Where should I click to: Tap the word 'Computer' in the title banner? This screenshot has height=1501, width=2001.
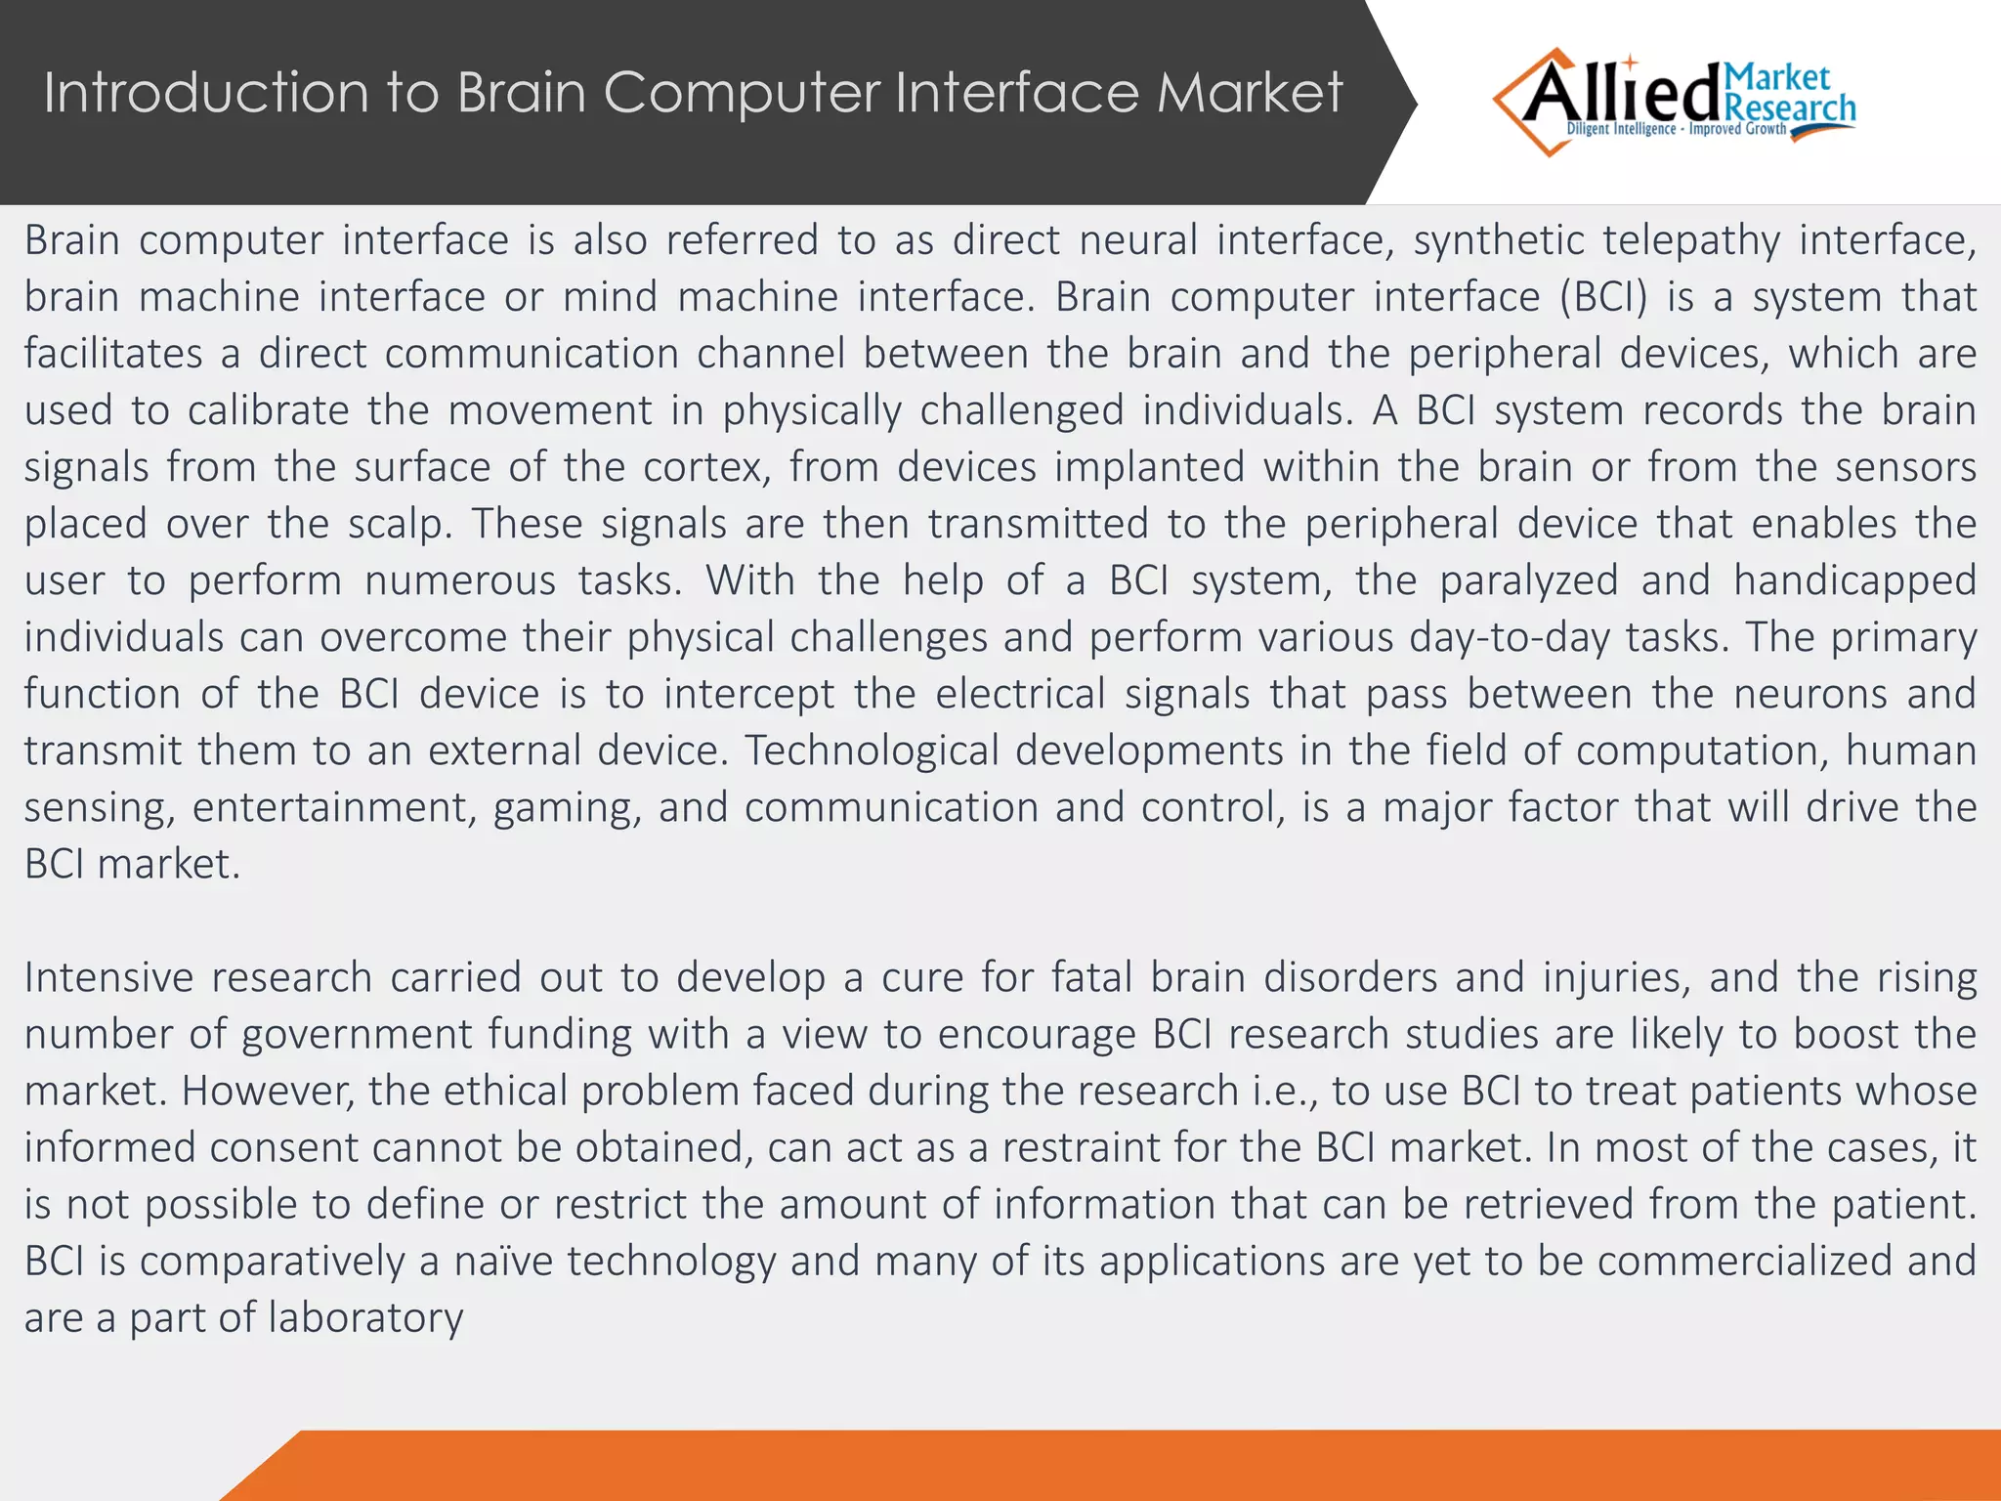[x=742, y=93]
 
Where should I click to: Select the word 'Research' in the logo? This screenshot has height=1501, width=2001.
[x=1791, y=108]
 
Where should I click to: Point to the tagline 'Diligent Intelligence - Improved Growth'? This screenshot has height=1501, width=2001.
[x=1677, y=129]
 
